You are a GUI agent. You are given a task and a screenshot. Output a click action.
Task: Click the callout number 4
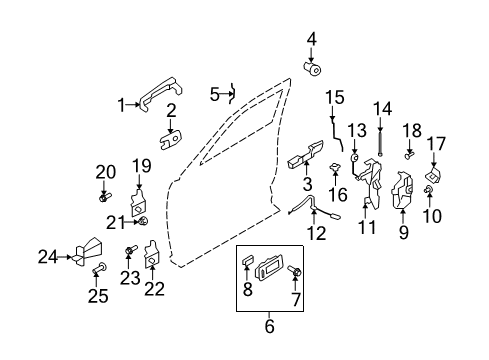pos(311,39)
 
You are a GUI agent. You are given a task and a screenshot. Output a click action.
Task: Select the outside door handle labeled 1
pos(161,92)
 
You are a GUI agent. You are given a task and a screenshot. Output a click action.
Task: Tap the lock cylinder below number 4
pos(312,68)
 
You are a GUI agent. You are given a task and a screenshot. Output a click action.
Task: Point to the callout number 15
pos(335,97)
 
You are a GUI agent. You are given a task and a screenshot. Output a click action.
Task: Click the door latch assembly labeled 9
pos(402,190)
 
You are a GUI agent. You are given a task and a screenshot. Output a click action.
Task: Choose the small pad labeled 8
pos(247,260)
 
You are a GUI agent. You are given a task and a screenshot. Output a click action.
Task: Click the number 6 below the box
pos(269,326)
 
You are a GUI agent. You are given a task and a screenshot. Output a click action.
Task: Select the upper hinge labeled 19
pos(138,202)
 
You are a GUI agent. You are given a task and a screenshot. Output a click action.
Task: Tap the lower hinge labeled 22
pos(151,254)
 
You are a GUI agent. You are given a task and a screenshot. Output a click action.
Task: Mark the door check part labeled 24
pos(88,251)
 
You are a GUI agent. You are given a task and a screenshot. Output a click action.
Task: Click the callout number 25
pos(98,296)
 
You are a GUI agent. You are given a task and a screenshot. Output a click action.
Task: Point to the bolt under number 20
pos(105,197)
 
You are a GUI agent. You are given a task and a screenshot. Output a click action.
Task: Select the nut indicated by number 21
pos(143,221)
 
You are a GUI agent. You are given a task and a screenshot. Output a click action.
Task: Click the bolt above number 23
pos(131,250)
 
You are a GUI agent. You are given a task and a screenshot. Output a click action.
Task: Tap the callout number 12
pos(316,233)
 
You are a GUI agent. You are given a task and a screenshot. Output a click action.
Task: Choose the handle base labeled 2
pos(171,140)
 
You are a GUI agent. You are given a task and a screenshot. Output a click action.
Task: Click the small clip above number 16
pos(334,166)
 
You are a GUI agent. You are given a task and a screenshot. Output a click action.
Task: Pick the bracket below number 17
pos(433,175)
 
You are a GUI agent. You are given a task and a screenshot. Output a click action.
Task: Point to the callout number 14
pos(382,109)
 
